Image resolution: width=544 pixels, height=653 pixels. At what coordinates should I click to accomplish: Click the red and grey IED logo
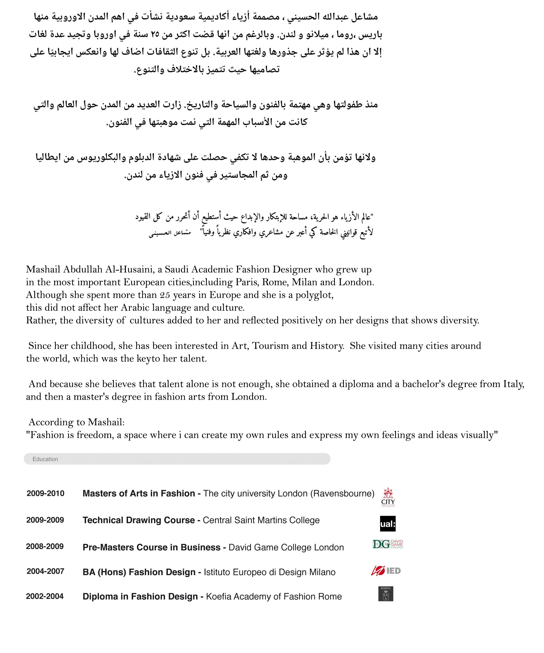coord(386,571)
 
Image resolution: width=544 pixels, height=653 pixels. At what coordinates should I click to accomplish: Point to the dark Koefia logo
coord(386,594)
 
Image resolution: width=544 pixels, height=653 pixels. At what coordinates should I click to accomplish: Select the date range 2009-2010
coord(45,493)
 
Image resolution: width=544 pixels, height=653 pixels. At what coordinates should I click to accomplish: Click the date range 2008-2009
coord(45,546)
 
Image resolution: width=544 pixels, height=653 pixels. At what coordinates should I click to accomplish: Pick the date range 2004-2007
coord(45,571)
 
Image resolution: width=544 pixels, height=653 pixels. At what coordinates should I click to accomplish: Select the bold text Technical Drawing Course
coord(139,520)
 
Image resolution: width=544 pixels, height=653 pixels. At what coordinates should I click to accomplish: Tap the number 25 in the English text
coord(165,295)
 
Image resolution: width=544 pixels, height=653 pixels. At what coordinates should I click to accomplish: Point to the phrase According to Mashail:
coord(76,422)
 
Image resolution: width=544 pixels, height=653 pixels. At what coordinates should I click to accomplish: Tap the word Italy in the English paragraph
coord(514,384)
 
